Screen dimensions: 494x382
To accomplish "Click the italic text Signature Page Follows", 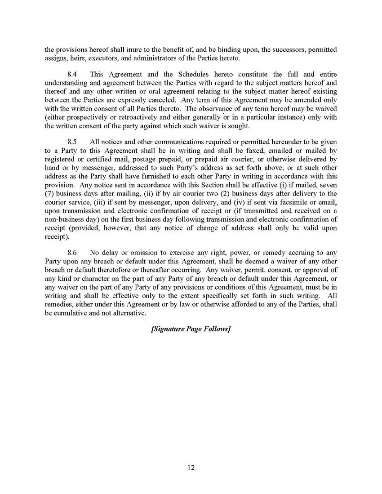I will (191, 329).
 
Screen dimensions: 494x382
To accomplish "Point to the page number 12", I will (191, 467).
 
